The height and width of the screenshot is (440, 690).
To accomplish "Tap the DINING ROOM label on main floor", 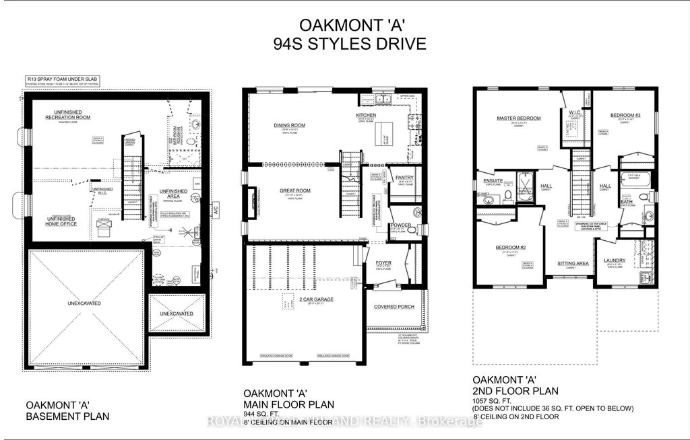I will (290, 124).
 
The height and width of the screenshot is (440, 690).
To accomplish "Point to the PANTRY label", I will (404, 178).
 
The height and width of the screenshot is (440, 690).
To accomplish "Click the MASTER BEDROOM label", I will (519, 118).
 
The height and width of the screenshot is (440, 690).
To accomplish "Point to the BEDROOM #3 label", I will (623, 116).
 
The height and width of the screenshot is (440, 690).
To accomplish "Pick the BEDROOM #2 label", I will (509, 247).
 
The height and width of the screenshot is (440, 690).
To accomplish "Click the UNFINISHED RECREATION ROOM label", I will (67, 114).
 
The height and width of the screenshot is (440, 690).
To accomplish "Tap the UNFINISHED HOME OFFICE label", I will (61, 221).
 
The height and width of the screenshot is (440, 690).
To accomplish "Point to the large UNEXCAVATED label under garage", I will (84, 303).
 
